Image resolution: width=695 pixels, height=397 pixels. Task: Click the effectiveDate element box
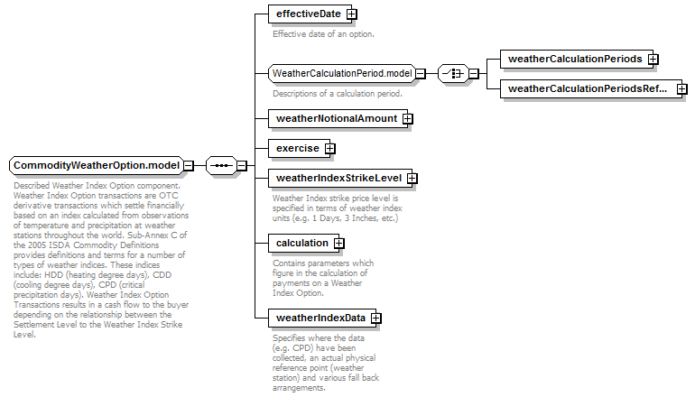[311, 14]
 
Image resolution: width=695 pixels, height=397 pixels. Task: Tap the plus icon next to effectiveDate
[351, 14]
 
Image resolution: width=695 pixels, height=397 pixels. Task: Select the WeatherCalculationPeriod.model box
[342, 74]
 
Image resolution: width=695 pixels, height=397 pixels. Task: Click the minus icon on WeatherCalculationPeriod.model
[421, 74]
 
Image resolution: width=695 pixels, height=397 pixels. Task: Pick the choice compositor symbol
[453, 74]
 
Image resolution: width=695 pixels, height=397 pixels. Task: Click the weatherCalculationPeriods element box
[577, 59]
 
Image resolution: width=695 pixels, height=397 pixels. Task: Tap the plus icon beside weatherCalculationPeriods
[653, 59]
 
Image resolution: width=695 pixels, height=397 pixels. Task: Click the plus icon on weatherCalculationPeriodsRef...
[682, 88]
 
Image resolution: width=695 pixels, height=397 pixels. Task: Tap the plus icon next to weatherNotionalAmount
[407, 119]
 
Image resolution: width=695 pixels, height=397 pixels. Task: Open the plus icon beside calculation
[339, 244]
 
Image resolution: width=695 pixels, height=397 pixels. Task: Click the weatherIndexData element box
[322, 319]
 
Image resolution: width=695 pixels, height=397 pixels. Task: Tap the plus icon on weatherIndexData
[375, 319]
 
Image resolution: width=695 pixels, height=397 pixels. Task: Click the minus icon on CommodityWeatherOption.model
[189, 166]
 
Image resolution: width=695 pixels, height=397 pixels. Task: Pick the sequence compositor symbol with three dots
[222, 166]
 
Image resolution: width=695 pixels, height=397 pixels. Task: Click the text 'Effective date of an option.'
[323, 34]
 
